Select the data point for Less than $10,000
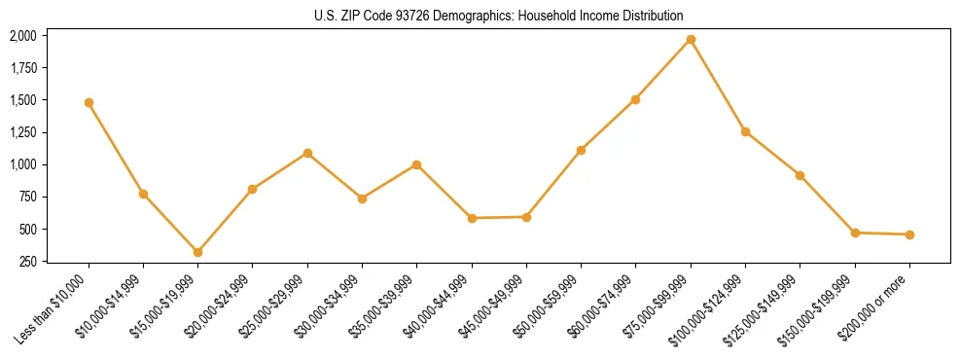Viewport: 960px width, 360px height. tap(89, 102)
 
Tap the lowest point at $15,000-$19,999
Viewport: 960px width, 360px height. tap(197, 252)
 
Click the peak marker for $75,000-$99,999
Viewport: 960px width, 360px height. tap(691, 39)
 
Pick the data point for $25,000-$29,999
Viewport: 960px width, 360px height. tap(307, 153)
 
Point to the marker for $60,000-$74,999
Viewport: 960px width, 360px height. tap(635, 99)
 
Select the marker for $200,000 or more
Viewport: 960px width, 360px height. tap(909, 234)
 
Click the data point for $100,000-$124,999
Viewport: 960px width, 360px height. tap(745, 131)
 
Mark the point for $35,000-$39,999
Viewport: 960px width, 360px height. tap(416, 164)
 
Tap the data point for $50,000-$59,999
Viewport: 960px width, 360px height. tap(581, 150)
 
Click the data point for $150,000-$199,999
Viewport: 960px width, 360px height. tap(855, 233)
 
